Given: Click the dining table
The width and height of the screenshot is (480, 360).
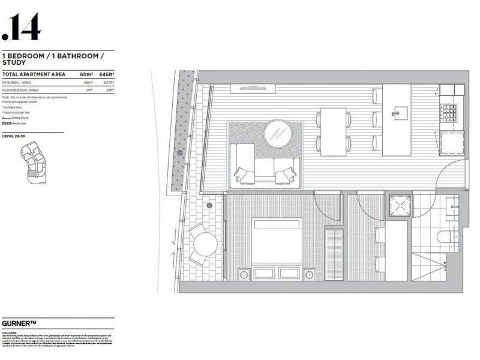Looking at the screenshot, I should pos(333,131).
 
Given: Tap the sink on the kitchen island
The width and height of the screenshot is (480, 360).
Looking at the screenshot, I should pos(397,112).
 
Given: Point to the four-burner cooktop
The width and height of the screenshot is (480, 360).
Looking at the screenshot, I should pos(449,111).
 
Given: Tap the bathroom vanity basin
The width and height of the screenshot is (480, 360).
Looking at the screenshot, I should pos(453,208).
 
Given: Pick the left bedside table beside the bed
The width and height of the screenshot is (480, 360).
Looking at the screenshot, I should pos(245,275).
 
